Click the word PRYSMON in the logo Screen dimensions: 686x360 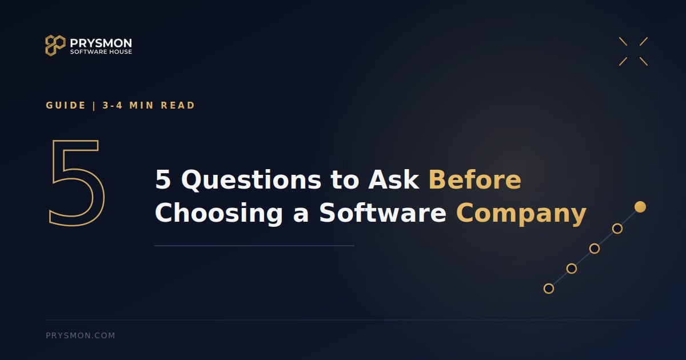pos(101,43)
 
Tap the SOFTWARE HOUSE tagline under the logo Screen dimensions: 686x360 pos(101,52)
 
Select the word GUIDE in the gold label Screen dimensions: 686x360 pos(66,105)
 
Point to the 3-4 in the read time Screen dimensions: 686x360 pos(113,105)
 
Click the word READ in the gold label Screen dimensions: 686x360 pos(178,105)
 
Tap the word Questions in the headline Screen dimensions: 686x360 pos(251,181)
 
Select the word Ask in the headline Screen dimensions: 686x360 pos(393,179)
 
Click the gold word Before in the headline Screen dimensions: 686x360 pos(474,179)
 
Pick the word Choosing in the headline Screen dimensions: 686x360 pos(219,213)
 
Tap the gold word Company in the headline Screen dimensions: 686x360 pos(521,214)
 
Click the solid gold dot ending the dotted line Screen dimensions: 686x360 pos(640,207)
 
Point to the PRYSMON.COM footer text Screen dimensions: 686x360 pos(80,335)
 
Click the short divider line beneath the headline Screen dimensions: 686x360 pos(254,246)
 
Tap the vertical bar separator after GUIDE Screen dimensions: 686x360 pos(94,106)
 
